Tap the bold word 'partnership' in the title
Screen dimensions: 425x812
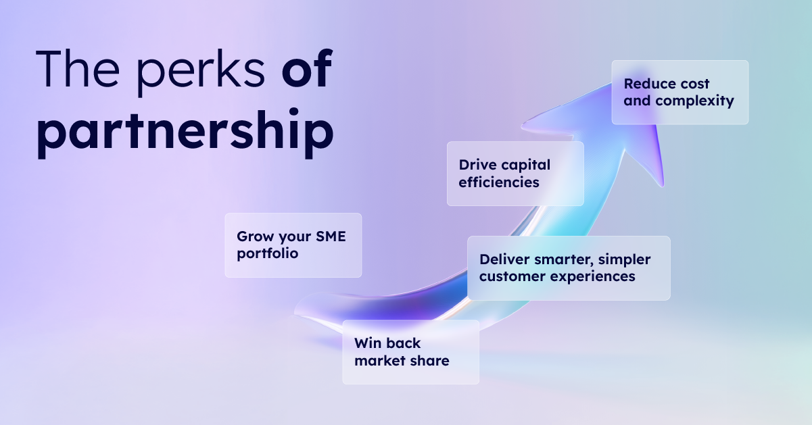click(185, 131)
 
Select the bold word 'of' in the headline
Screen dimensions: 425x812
click(307, 69)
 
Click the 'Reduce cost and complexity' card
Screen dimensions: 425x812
click(679, 93)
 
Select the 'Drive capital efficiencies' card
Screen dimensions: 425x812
click(515, 174)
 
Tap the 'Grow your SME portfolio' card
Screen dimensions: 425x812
click(293, 245)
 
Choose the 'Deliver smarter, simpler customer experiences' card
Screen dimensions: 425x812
click(568, 268)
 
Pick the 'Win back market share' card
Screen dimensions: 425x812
click(410, 352)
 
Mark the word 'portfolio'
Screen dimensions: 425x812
click(268, 255)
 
